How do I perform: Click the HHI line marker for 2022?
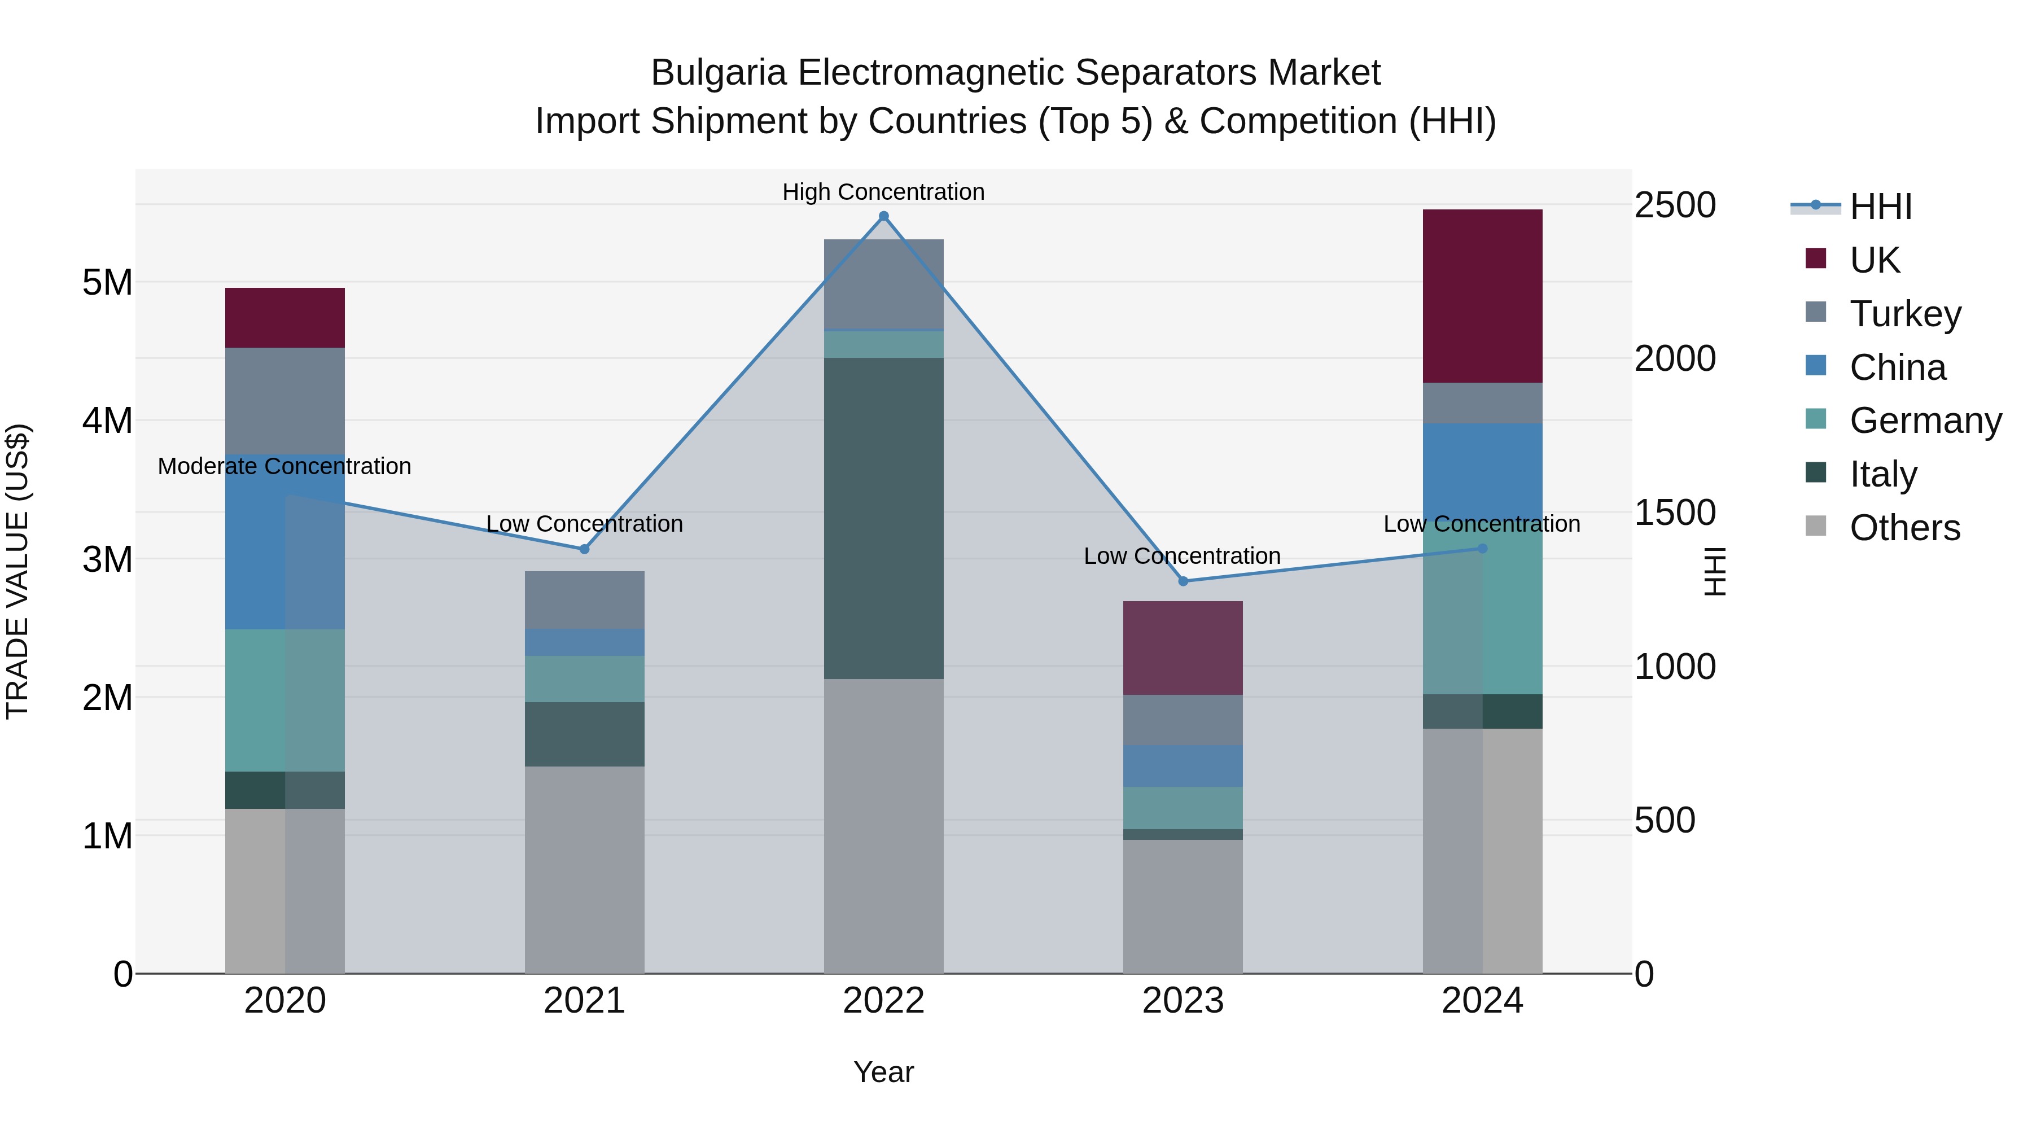883,216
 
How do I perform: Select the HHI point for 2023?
1183,581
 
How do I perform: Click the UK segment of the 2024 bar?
1482,296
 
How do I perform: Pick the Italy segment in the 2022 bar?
883,518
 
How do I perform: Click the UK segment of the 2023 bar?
1183,647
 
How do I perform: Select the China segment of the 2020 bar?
285,542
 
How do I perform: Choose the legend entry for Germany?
1925,421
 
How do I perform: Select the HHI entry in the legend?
1881,207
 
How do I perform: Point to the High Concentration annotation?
883,192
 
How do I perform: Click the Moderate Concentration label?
285,466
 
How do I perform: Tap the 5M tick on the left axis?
107,282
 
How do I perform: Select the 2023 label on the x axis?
1183,1001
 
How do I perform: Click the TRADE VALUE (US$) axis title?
17,571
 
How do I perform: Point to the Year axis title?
883,1072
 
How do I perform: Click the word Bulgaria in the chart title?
718,73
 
